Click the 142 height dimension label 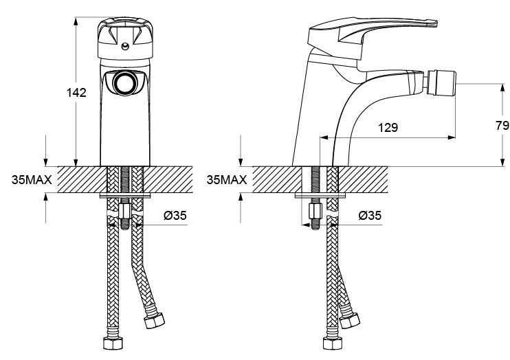tap(76, 93)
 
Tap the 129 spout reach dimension tap(388, 128)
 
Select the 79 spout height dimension tap(502, 125)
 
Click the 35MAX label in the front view tap(32, 179)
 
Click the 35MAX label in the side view tap(227, 179)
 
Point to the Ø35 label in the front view tap(175, 215)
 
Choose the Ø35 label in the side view tap(370, 215)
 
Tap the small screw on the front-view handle tap(125, 46)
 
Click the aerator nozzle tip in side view tap(441, 83)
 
